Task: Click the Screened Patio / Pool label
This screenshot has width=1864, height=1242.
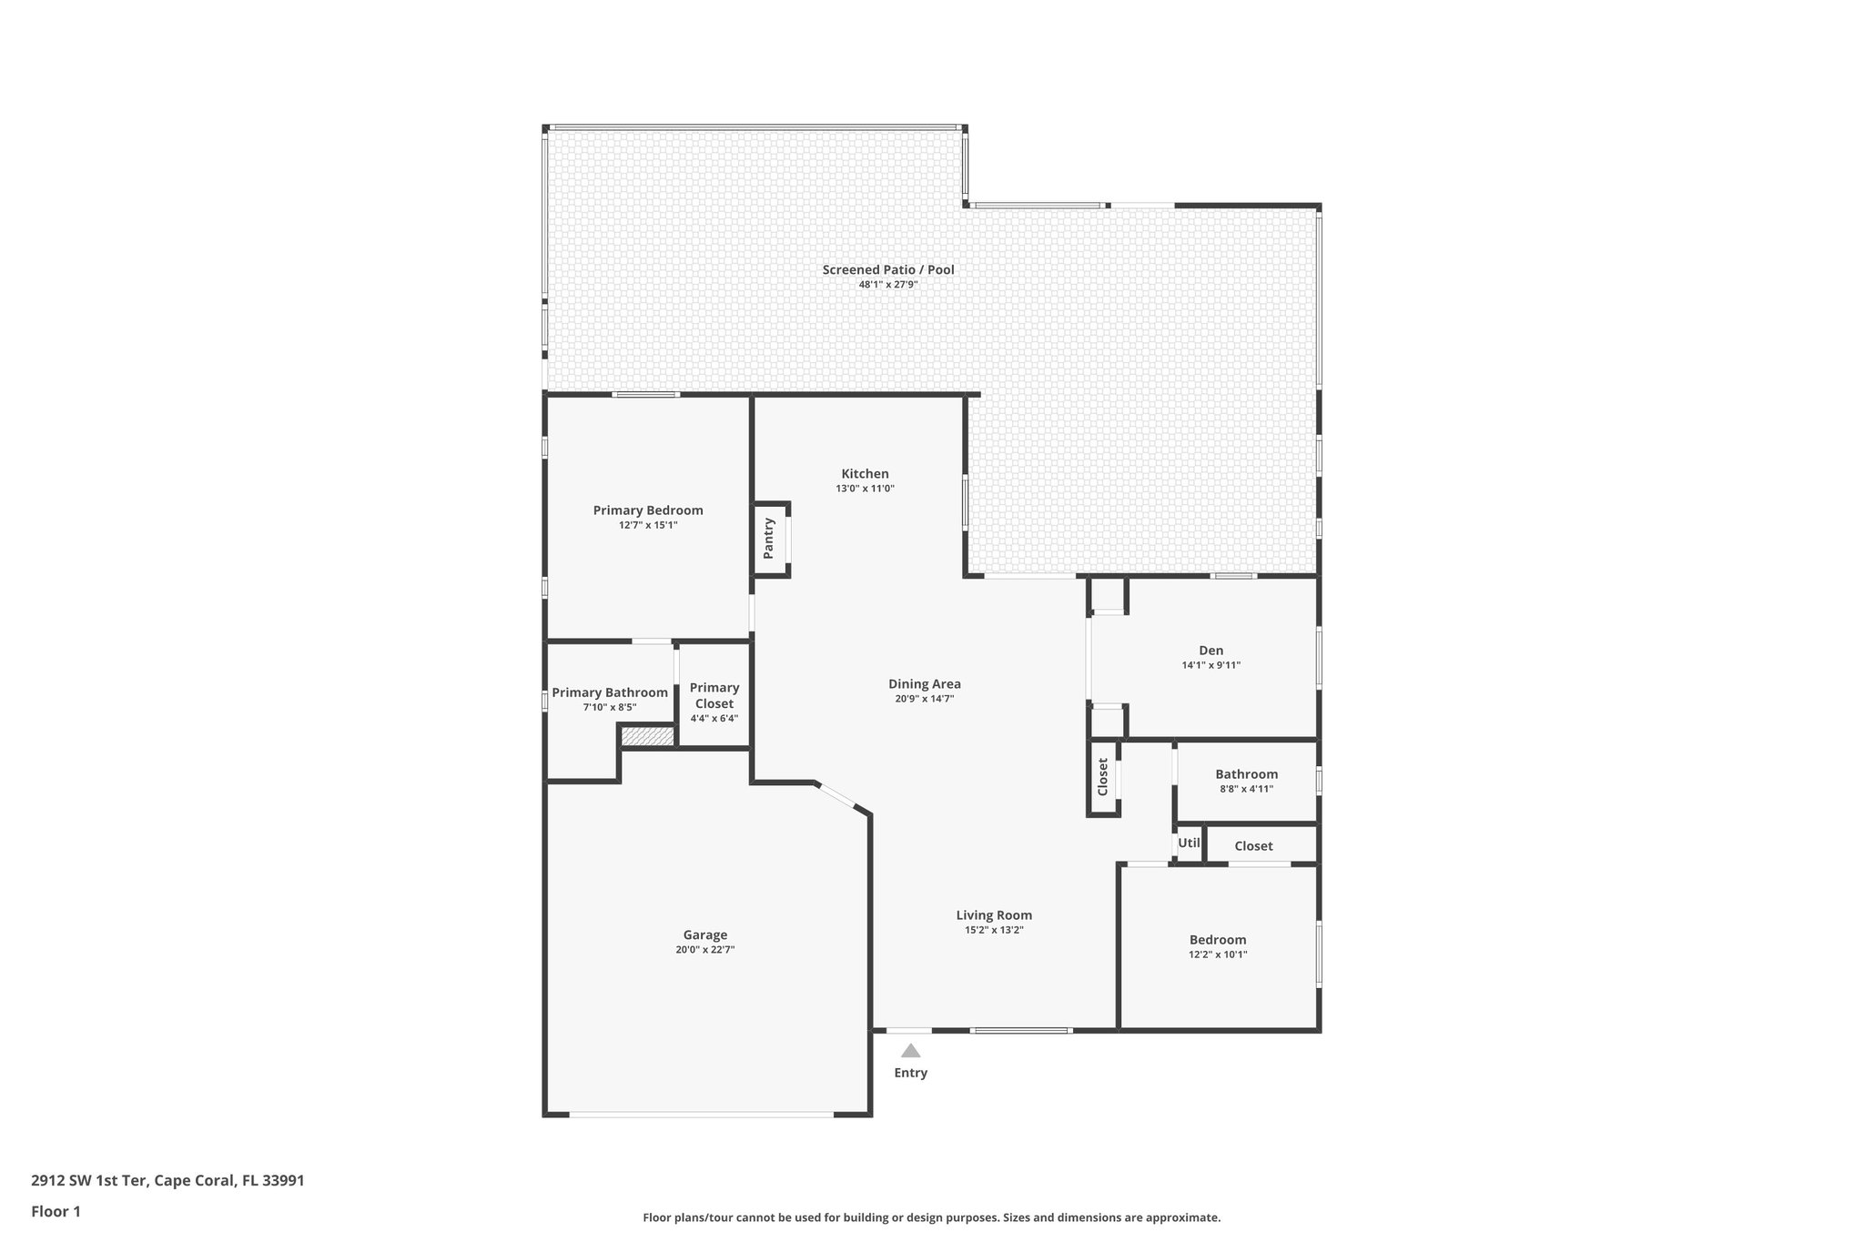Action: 887,269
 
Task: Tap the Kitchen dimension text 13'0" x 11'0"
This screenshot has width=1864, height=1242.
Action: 865,489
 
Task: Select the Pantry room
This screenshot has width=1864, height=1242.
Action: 769,539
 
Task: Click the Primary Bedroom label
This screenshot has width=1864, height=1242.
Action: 648,510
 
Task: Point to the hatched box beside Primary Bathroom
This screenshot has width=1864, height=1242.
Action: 647,736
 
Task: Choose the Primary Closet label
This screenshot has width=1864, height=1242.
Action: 714,695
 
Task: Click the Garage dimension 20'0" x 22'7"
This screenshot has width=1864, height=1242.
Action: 704,950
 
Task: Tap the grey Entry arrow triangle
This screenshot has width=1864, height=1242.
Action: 910,1051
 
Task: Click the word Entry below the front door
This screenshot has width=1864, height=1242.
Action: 910,1073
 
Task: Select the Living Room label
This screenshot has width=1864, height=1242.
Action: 994,915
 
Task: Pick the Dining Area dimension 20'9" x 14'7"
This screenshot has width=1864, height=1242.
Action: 924,699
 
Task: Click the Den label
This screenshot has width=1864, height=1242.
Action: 1211,651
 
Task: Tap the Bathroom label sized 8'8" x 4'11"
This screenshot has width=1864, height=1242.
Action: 1246,774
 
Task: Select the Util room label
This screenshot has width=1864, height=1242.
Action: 1189,843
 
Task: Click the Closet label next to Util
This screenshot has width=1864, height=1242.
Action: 1253,846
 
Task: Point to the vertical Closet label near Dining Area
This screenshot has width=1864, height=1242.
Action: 1102,777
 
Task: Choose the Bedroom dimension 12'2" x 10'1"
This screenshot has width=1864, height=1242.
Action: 1218,954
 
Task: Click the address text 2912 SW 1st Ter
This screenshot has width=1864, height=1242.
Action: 167,1181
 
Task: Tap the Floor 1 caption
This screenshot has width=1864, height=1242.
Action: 56,1211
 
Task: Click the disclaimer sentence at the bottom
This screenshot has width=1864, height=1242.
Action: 931,1217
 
